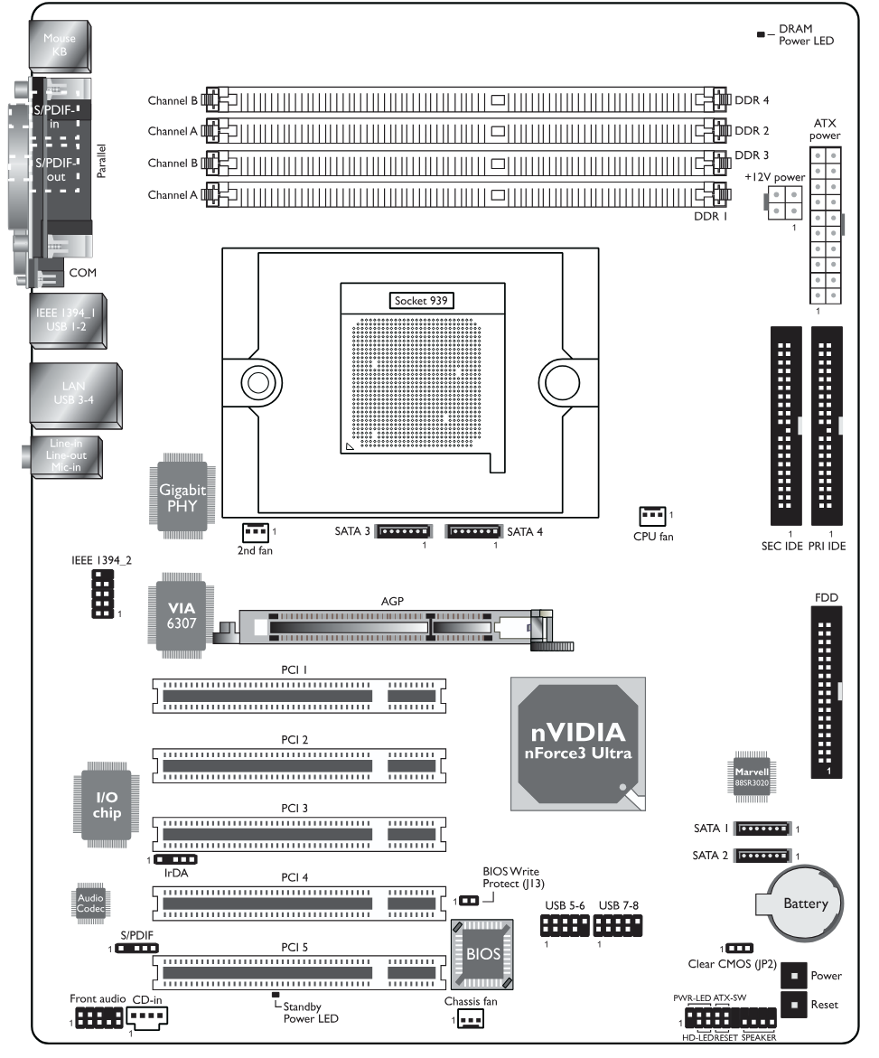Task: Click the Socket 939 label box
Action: click(421, 300)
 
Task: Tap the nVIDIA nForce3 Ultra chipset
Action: click(578, 744)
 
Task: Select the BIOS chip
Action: click(482, 953)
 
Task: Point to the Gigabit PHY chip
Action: click(182, 497)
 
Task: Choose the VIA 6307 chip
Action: click(182, 615)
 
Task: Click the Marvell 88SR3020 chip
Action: click(752, 777)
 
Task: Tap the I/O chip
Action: click(107, 805)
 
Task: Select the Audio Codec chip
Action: click(89, 903)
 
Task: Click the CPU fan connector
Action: click(652, 516)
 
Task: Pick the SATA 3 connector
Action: click(404, 531)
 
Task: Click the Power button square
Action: click(794, 975)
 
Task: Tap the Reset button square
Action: click(794, 1005)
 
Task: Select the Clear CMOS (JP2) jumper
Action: click(739, 949)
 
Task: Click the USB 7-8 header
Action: click(617, 925)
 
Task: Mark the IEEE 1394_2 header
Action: click(103, 594)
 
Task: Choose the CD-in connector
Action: click(147, 1016)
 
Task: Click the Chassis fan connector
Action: click(470, 1019)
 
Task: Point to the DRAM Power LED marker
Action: click(761, 33)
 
